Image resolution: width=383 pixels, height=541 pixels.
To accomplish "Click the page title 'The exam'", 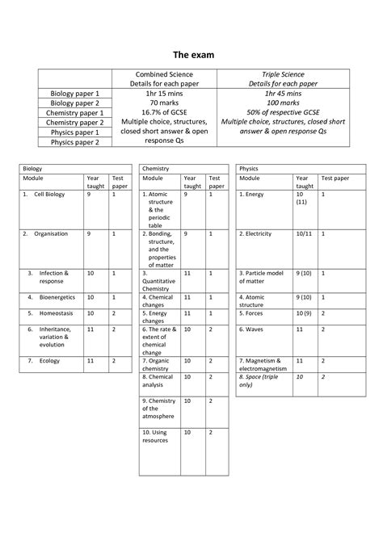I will click(x=191, y=56).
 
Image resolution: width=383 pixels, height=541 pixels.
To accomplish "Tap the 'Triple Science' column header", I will click(x=282, y=74).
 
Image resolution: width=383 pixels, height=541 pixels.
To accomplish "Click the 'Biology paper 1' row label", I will click(x=75, y=94).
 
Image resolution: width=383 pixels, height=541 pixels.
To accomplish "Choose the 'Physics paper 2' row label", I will click(x=75, y=142).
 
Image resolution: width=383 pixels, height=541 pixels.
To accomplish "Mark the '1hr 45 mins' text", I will click(x=282, y=93).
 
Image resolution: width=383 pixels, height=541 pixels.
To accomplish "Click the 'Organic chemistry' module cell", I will click(x=157, y=364).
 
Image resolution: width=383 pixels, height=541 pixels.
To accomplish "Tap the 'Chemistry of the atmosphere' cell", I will click(x=158, y=409).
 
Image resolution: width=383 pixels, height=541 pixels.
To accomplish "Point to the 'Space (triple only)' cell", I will click(x=258, y=381).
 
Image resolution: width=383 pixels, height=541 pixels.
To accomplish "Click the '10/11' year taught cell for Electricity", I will click(x=303, y=233).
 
